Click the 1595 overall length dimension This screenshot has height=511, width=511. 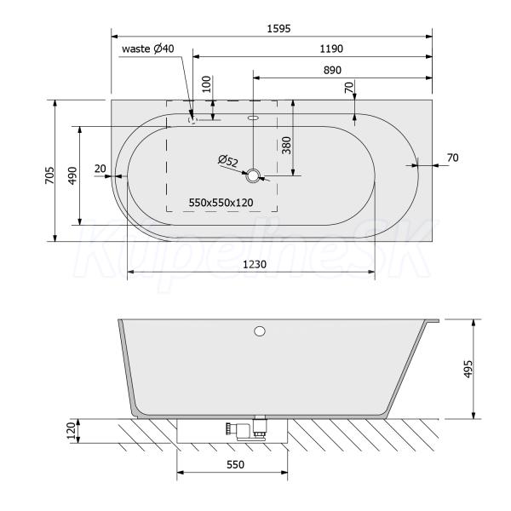(x=278, y=29)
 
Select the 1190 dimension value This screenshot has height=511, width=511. (x=331, y=49)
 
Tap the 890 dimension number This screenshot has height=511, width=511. (x=332, y=70)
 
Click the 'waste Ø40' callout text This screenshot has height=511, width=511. (x=148, y=49)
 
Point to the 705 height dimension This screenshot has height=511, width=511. (x=50, y=175)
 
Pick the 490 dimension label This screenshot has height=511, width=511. (x=72, y=175)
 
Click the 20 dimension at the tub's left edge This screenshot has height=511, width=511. (x=100, y=169)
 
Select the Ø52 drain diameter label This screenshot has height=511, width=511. (x=228, y=161)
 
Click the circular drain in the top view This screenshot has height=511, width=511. (x=253, y=175)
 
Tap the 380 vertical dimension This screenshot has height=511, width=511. (x=286, y=146)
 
